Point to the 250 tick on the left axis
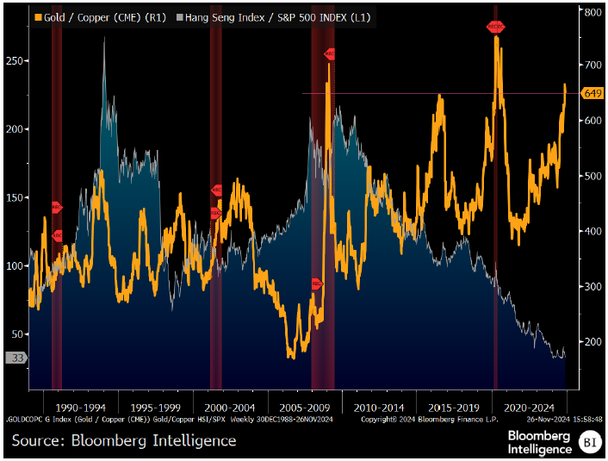pos(16,61)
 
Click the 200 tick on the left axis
pos(16,129)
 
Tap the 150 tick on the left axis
pos(16,197)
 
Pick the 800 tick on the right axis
pos(592,13)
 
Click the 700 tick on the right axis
pos(592,65)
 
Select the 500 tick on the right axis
pos(592,176)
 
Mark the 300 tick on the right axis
pos(592,286)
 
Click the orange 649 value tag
pos(592,93)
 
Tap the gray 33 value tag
pos(17,358)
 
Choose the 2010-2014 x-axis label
pos(379,406)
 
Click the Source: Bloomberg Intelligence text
pos(124,440)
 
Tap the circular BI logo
pos(589,442)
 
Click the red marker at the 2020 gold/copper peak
pos(495,27)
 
